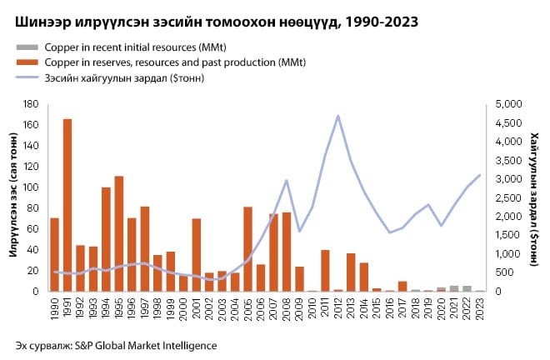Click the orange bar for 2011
(x=325, y=271)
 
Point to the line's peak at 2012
(x=337, y=116)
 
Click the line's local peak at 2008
(x=287, y=180)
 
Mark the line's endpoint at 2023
(x=480, y=174)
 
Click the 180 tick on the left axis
(x=33, y=103)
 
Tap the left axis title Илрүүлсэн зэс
(x=14, y=198)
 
